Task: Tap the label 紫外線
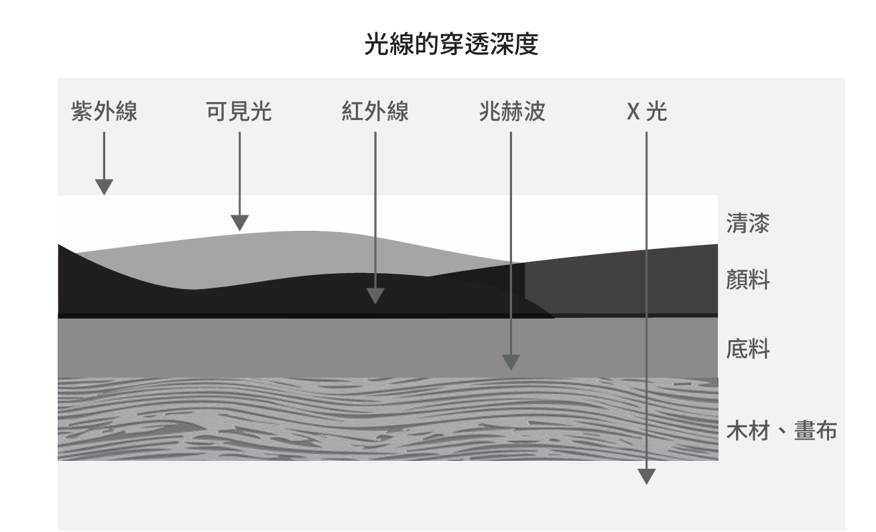[104, 113]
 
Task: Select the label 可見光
[239, 113]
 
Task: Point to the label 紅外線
[375, 113]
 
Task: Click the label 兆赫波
[511, 113]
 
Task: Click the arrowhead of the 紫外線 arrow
[104, 187]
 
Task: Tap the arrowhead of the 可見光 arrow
[239, 223]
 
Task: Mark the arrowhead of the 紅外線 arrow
[375, 296]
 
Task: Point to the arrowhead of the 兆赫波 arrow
[511, 362]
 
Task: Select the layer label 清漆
[747, 224]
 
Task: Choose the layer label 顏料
[747, 281]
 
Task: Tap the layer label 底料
[747, 350]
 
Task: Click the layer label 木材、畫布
[781, 431]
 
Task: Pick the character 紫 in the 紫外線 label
[81, 113]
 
